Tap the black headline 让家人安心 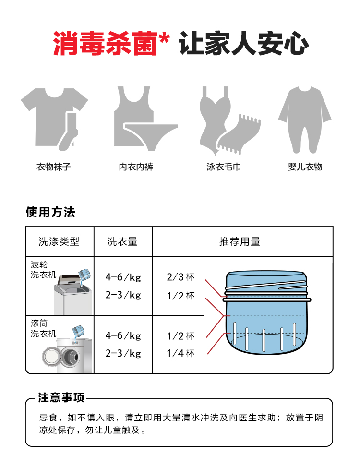[x=244, y=44]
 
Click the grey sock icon [x=69, y=131]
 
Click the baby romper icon [x=305, y=120]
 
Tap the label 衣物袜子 [x=54, y=167]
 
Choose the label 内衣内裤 [x=136, y=167]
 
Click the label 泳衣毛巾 [x=224, y=167]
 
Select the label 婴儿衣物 [x=305, y=167]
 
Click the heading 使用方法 [x=50, y=212]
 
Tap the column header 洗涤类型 [x=59, y=241]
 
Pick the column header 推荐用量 [x=240, y=241]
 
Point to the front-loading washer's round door [x=52, y=357]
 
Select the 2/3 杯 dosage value [x=180, y=277]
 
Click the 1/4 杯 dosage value [x=180, y=353]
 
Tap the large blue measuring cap [x=266, y=313]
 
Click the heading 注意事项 [x=61, y=397]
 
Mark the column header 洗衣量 [x=122, y=241]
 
